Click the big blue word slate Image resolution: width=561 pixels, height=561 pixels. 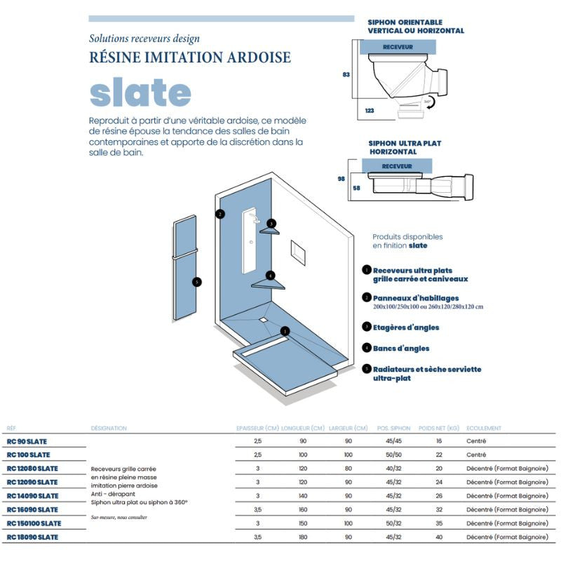pyautogui.click(x=140, y=93)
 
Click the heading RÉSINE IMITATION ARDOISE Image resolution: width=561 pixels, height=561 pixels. pyautogui.click(x=190, y=58)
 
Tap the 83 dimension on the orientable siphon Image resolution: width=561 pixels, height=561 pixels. pyautogui.click(x=346, y=74)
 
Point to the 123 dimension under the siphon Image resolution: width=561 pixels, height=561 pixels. pyautogui.click(x=370, y=111)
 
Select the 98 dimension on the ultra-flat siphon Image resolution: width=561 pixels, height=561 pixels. pyautogui.click(x=342, y=179)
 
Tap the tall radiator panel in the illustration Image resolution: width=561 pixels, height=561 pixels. pyautogui.click(x=187, y=270)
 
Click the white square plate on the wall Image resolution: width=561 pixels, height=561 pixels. pyautogui.click(x=297, y=252)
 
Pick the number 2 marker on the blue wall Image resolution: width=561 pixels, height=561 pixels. pyautogui.click(x=220, y=214)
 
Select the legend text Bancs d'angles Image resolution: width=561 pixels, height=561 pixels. pyautogui.click(x=401, y=348)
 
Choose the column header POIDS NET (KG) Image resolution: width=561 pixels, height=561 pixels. pyautogui.click(x=438, y=428)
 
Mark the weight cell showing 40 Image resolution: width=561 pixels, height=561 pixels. pyautogui.click(x=439, y=537)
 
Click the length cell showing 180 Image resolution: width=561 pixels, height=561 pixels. pyautogui.click(x=303, y=537)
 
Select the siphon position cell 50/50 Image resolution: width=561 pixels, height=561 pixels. pyautogui.click(x=393, y=455)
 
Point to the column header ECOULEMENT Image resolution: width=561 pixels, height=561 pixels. pyautogui.click(x=484, y=428)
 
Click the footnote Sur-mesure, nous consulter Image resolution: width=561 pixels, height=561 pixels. pyautogui.click(x=119, y=517)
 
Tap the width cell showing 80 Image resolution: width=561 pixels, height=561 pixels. pyautogui.click(x=349, y=468)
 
